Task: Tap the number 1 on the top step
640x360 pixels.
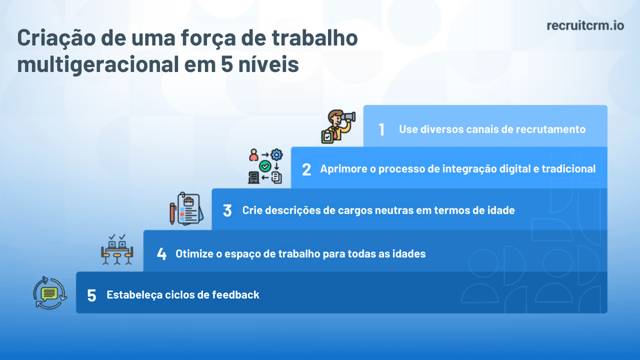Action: coord(381,130)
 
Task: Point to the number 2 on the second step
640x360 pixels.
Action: coord(306,170)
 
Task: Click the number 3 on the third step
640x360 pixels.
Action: coord(227,211)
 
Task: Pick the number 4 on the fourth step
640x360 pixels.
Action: coord(161,254)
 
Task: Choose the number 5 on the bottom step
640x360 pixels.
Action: coord(92,295)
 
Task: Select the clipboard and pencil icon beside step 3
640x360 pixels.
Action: coord(183,209)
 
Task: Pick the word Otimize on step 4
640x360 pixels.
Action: coord(194,254)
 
